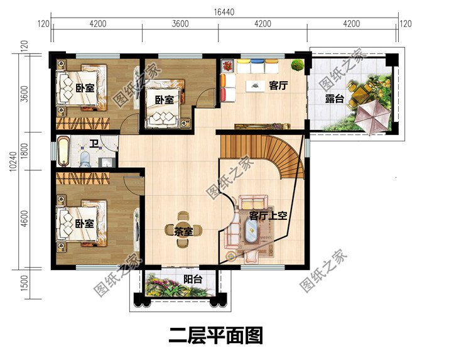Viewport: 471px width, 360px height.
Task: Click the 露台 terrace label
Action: click(x=334, y=99)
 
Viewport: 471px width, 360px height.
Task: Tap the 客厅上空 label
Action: click(x=268, y=215)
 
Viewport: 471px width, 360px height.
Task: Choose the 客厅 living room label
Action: click(x=278, y=86)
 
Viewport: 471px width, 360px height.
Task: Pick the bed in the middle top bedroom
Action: click(x=165, y=102)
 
